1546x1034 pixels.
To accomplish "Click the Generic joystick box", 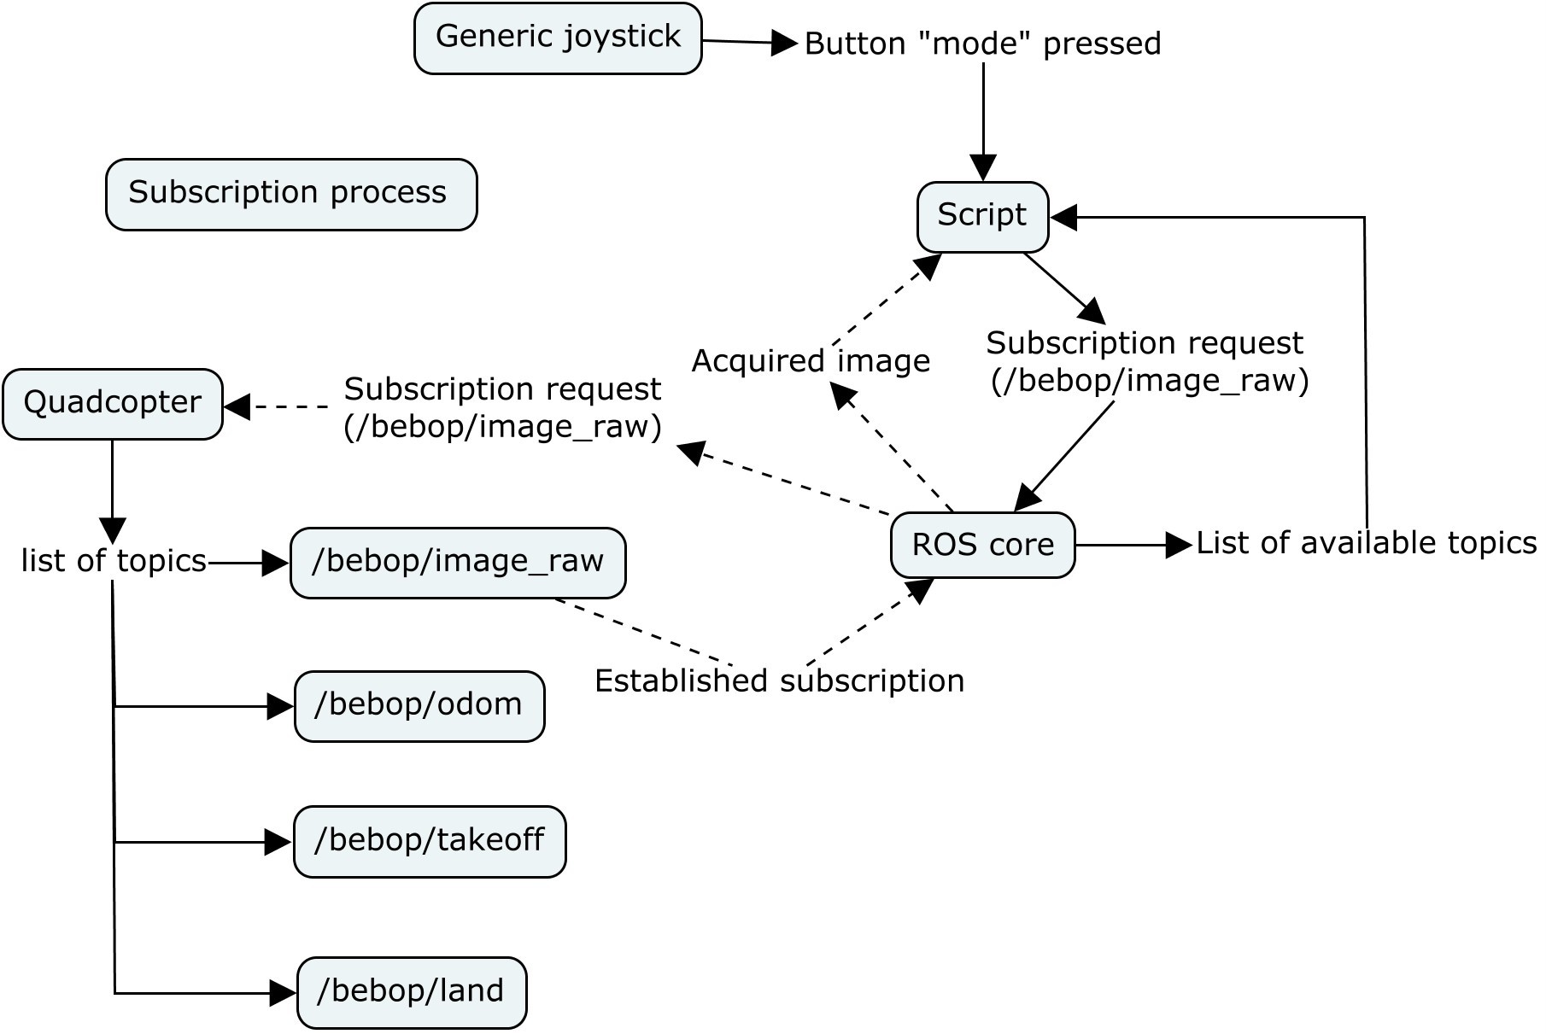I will (558, 38).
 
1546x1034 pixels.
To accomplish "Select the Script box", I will (982, 216).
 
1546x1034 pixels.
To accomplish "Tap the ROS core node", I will (982, 545).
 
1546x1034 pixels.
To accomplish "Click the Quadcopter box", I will (113, 404).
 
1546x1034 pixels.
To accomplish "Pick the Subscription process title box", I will (290, 194).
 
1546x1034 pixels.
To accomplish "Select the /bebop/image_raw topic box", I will (458, 563).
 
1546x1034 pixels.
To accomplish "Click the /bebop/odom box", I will (419, 706).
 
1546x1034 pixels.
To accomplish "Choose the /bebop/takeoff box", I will (430, 841).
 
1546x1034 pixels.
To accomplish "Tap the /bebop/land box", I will (412, 992).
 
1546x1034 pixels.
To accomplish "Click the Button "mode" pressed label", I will (982, 44).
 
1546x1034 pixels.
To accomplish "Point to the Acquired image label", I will (810, 361).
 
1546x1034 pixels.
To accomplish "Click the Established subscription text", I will (779, 681).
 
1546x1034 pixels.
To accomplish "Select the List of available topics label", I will (1365, 543).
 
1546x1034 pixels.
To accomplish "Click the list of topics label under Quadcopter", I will (114, 561).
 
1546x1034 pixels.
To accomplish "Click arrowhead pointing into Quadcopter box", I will (237, 406).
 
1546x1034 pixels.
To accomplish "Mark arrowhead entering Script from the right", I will (1063, 218).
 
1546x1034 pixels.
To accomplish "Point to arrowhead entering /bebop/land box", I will (283, 993).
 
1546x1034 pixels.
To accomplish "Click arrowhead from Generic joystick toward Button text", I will (783, 43).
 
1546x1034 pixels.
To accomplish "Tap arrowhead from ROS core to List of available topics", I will (1179, 545).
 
